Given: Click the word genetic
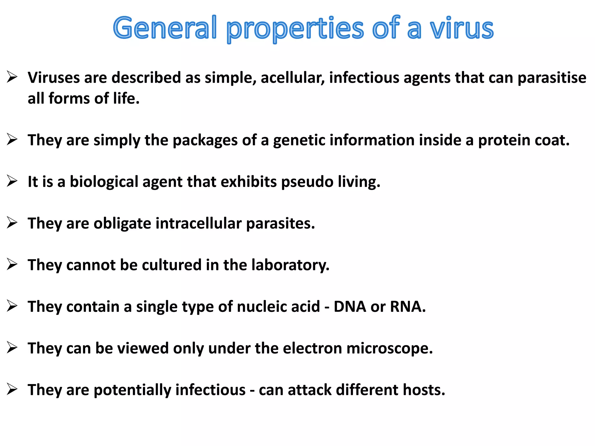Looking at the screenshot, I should [299, 140].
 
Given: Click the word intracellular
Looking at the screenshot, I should [199, 223].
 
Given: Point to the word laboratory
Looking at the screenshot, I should [290, 265].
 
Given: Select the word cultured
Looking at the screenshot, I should [171, 265].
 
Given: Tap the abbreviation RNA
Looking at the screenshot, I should [408, 307].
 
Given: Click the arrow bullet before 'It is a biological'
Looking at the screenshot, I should [12, 181].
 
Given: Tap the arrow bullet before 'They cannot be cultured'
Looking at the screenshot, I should [12, 265].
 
